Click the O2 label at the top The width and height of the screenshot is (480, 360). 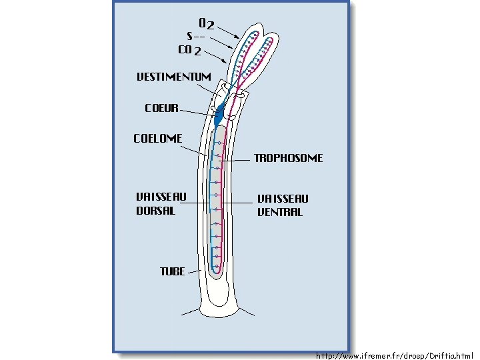[x=207, y=24]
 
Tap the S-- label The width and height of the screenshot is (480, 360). [x=195, y=36]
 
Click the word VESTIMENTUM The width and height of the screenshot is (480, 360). [x=173, y=77]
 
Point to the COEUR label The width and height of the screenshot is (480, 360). [x=161, y=107]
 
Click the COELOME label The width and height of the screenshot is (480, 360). [x=157, y=139]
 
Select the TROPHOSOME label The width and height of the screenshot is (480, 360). [x=288, y=159]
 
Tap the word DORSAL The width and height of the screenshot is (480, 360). [x=155, y=211]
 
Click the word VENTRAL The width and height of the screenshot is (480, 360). [x=279, y=212]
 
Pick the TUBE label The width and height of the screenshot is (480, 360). [x=172, y=271]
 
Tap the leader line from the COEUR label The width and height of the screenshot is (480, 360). [x=197, y=112]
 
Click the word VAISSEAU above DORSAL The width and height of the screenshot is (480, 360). [x=161, y=197]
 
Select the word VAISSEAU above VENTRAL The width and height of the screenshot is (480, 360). [x=283, y=198]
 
